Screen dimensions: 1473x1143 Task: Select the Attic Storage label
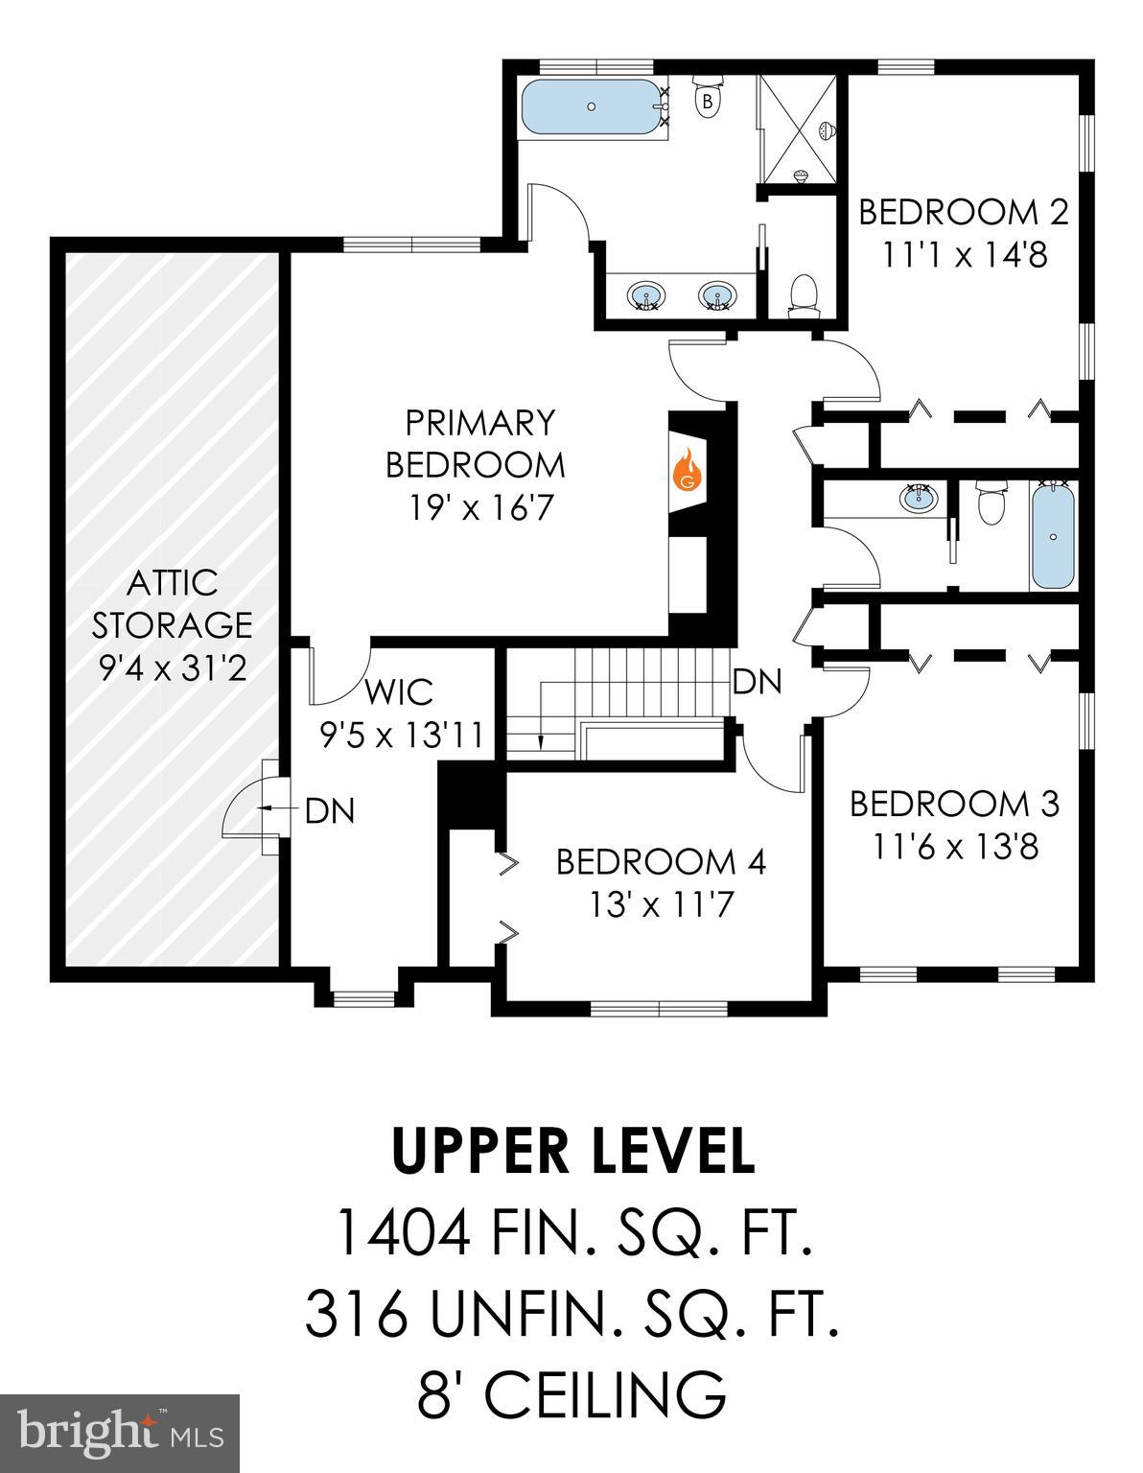tap(172, 623)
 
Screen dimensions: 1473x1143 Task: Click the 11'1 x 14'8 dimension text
tap(965, 255)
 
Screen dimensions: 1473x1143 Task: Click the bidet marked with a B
tap(708, 100)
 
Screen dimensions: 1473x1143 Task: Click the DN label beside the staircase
tap(758, 682)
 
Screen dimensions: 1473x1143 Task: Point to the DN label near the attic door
tap(330, 811)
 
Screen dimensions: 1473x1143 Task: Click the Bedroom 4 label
tap(661, 862)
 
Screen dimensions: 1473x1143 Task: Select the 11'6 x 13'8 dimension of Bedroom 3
tap(955, 847)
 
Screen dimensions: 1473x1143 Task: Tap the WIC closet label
tap(398, 691)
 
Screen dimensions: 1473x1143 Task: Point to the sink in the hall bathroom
tap(918, 499)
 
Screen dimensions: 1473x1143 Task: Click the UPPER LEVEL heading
tap(572, 1152)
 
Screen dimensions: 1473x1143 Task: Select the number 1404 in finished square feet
tap(402, 1233)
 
